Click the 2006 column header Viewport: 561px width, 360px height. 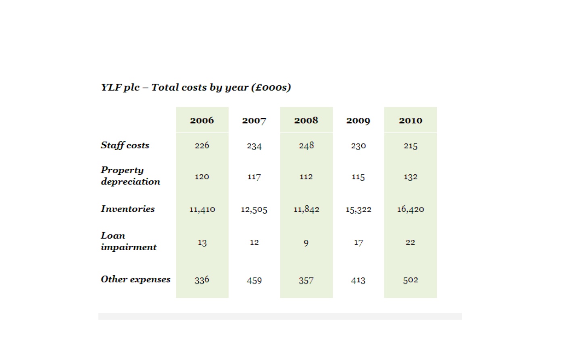(202, 120)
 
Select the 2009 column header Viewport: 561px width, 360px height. (358, 121)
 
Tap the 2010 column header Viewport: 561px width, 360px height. (411, 120)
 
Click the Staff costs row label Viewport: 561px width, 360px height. (125, 145)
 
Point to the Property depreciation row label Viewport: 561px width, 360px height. (131, 176)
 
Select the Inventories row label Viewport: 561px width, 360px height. (128, 209)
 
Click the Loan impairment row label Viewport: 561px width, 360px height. (129, 241)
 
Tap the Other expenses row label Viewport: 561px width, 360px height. (136, 279)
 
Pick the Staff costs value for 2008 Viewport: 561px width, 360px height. (306, 145)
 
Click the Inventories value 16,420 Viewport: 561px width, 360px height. (411, 209)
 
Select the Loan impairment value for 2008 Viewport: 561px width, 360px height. (306, 243)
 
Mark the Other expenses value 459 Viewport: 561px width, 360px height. (254, 280)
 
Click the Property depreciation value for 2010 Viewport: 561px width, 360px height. (411, 177)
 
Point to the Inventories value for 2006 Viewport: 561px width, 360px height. (202, 209)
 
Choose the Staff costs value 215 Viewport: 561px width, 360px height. (411, 146)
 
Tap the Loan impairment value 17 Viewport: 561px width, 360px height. (359, 243)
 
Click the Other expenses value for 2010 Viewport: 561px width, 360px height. (411, 280)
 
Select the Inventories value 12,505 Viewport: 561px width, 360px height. (254, 209)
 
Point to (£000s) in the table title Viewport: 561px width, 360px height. (271, 87)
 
